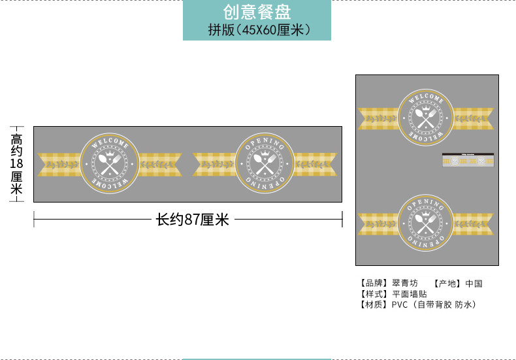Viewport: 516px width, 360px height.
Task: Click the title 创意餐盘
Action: pos(257,12)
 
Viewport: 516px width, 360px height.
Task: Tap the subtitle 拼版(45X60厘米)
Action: pos(257,30)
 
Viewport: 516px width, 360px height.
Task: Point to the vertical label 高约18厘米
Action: pos(16,163)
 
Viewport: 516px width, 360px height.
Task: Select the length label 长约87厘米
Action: pos(192,220)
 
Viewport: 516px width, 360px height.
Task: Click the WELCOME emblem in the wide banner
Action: pos(110,164)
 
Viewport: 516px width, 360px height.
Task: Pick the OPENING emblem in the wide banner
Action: pos(264,164)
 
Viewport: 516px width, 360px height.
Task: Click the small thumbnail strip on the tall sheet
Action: pos(468,159)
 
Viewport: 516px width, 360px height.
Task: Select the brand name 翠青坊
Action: pos(405,284)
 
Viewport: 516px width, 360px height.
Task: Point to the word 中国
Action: pos(474,284)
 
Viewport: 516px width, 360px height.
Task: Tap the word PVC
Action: pos(399,304)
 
